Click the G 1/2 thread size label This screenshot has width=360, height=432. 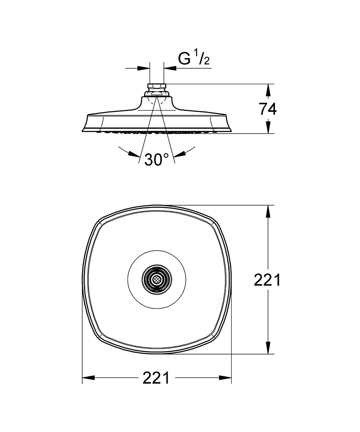[x=194, y=58]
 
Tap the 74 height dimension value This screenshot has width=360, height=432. [x=268, y=109]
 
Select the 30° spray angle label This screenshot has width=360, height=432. [x=156, y=159]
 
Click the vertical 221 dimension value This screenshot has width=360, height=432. [x=267, y=280]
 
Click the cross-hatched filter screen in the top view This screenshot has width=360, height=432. [x=157, y=280]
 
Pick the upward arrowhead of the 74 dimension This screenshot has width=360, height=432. [x=268, y=90]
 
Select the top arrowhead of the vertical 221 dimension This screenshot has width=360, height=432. [x=268, y=212]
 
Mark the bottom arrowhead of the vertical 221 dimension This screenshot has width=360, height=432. [x=268, y=347]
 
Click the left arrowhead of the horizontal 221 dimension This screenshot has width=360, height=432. [x=89, y=378]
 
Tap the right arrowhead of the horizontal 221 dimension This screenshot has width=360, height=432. [x=225, y=378]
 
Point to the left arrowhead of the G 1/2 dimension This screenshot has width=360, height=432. [x=143, y=68]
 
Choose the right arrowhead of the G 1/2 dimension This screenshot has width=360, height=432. [x=170, y=68]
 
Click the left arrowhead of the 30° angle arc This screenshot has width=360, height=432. [x=134, y=154]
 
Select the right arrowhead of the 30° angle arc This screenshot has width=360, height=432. [x=180, y=154]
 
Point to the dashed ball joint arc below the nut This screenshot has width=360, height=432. [x=157, y=101]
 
